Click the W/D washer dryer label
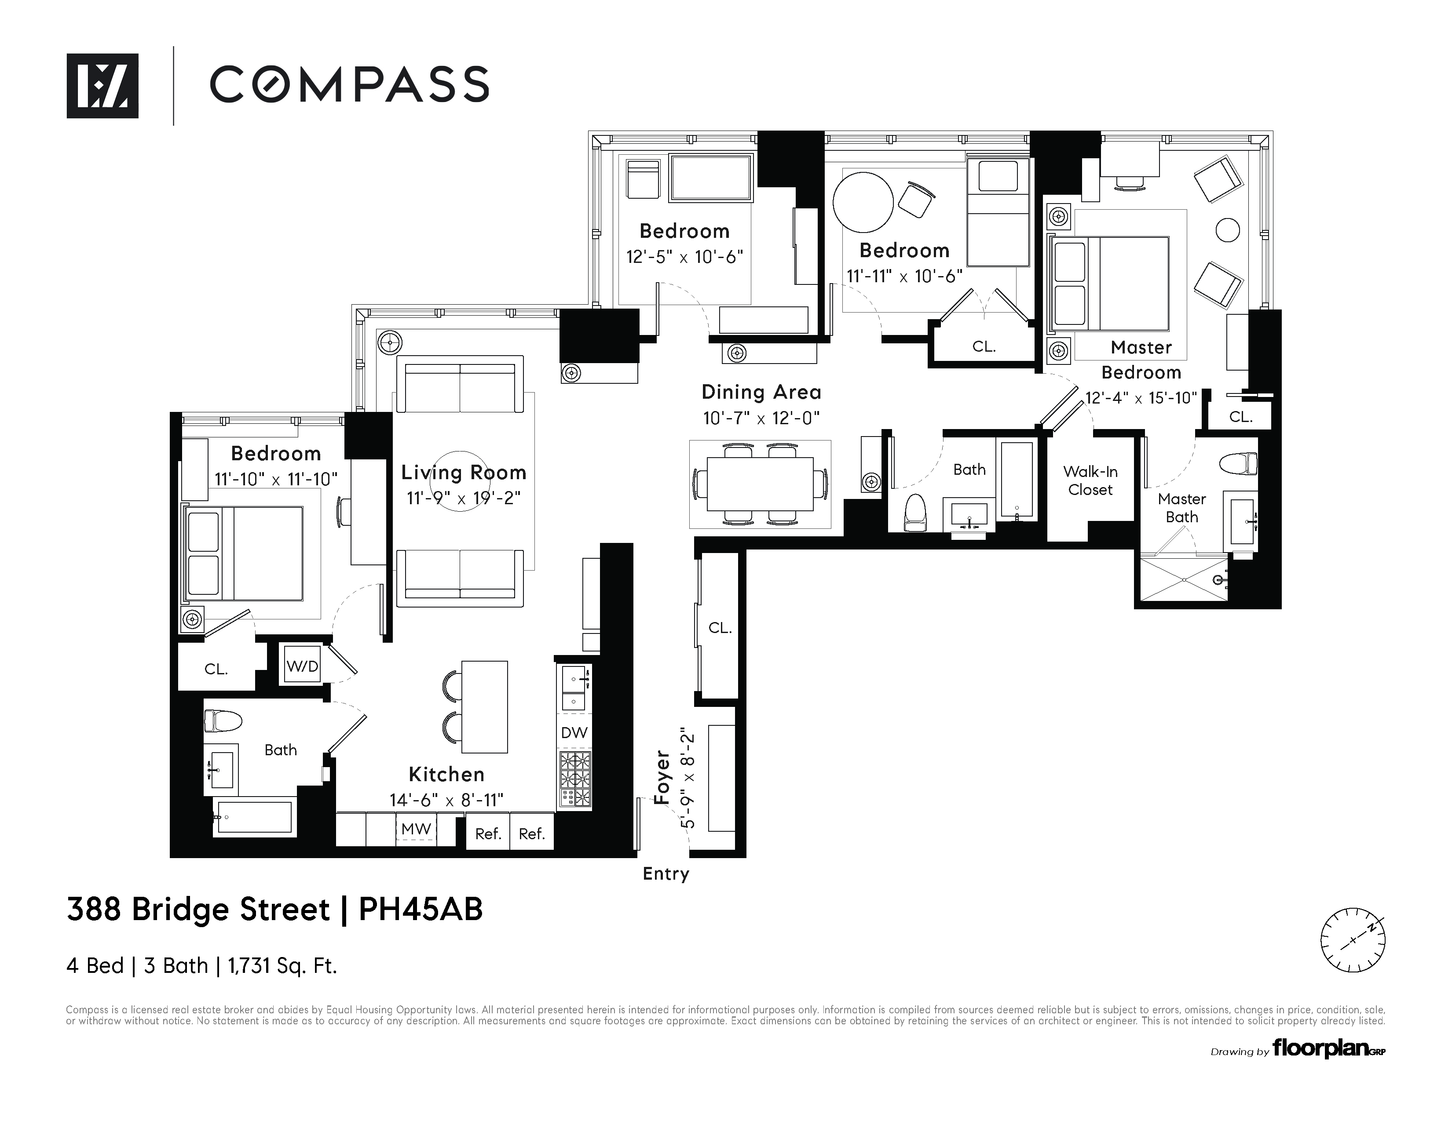[x=303, y=666]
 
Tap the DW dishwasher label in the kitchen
[x=574, y=732]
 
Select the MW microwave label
[x=416, y=829]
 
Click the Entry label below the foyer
[x=666, y=874]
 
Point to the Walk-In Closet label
[x=1090, y=480]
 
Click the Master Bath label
[x=1181, y=508]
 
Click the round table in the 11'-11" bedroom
[x=863, y=202]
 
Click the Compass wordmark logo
[x=350, y=84]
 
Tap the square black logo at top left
[x=102, y=86]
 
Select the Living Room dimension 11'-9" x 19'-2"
[x=463, y=498]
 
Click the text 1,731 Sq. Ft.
[x=282, y=965]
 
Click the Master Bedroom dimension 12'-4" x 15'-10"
[x=1141, y=397]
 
